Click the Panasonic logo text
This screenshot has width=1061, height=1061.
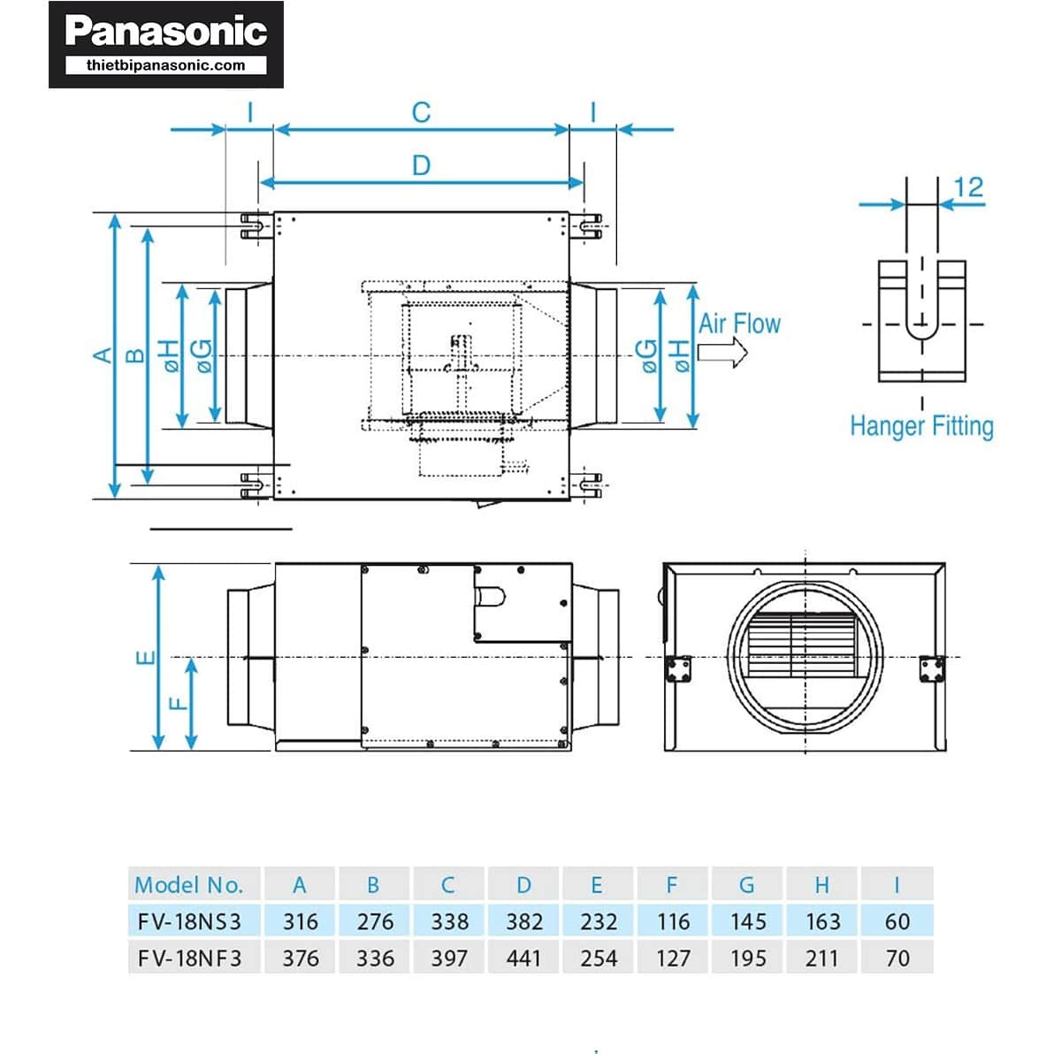click(x=166, y=32)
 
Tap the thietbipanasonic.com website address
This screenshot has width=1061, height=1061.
click(x=166, y=65)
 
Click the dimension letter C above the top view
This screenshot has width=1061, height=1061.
click(x=421, y=112)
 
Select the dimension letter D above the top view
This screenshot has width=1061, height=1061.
click(x=421, y=165)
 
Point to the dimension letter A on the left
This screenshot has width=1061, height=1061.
click(x=103, y=355)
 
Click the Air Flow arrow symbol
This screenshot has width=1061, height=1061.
click(x=722, y=353)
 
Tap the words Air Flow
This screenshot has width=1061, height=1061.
click(x=739, y=324)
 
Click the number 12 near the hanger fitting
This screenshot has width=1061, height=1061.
click(x=968, y=187)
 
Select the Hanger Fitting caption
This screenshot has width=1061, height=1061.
click(x=921, y=426)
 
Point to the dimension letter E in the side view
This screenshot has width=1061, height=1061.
click(x=146, y=658)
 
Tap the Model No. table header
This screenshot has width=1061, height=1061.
click(x=188, y=884)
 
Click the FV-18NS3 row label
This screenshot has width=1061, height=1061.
click(x=189, y=921)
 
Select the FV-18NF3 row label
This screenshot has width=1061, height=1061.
click(x=189, y=958)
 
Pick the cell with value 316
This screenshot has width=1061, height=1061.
click(x=301, y=921)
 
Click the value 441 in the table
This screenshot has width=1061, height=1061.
click(x=523, y=958)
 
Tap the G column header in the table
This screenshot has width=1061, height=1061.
click(x=747, y=884)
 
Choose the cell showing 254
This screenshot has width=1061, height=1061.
click(x=599, y=958)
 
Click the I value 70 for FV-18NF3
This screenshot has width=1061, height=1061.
click(x=897, y=958)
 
